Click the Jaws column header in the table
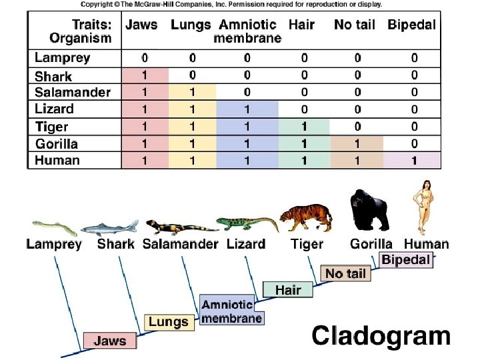[141, 25]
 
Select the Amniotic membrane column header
[247, 31]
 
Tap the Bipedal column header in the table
[412, 25]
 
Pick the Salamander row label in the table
[72, 92]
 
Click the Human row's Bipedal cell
[414, 160]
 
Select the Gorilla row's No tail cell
[357, 143]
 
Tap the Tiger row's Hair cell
[304, 126]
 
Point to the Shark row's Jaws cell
[145, 75]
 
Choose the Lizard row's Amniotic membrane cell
[247, 109]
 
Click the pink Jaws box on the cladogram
[109, 341]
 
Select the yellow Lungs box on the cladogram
[168, 322]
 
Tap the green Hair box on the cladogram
[288, 290]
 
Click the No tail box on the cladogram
[345, 273]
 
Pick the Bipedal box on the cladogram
[405, 260]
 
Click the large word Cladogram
[381, 336]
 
